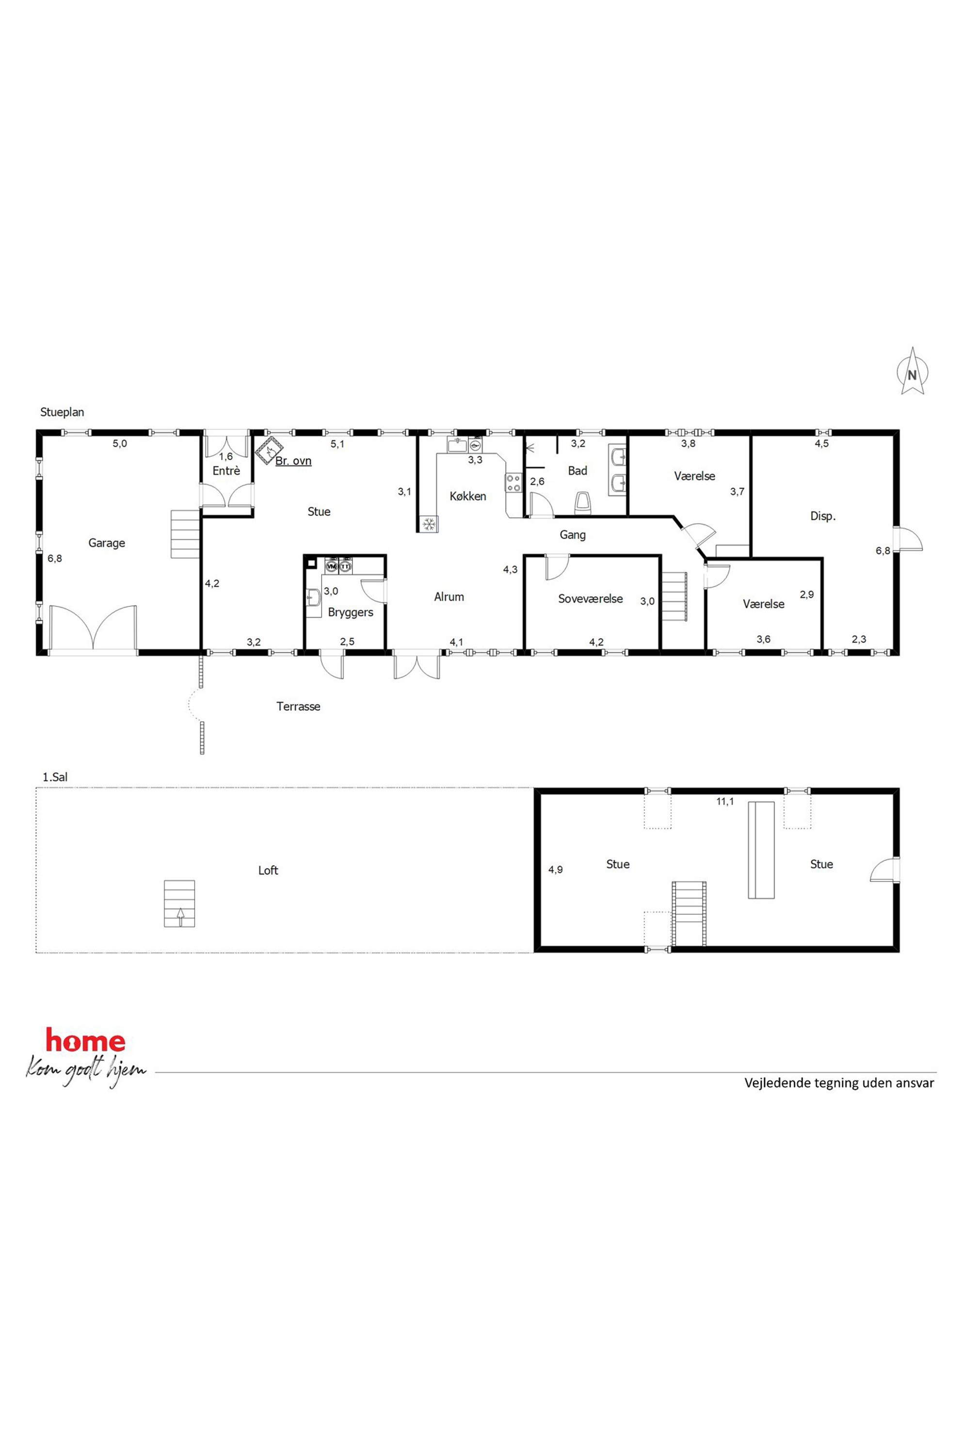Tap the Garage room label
(107, 543)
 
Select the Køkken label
(468, 497)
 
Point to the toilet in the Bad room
(583, 503)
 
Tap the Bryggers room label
(350, 612)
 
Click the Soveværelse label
(590, 599)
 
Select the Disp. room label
(823, 516)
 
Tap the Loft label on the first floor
(268, 870)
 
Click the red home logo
(86, 1041)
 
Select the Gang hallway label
(573, 535)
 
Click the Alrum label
(449, 596)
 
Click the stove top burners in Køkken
(513, 483)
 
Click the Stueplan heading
(62, 412)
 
